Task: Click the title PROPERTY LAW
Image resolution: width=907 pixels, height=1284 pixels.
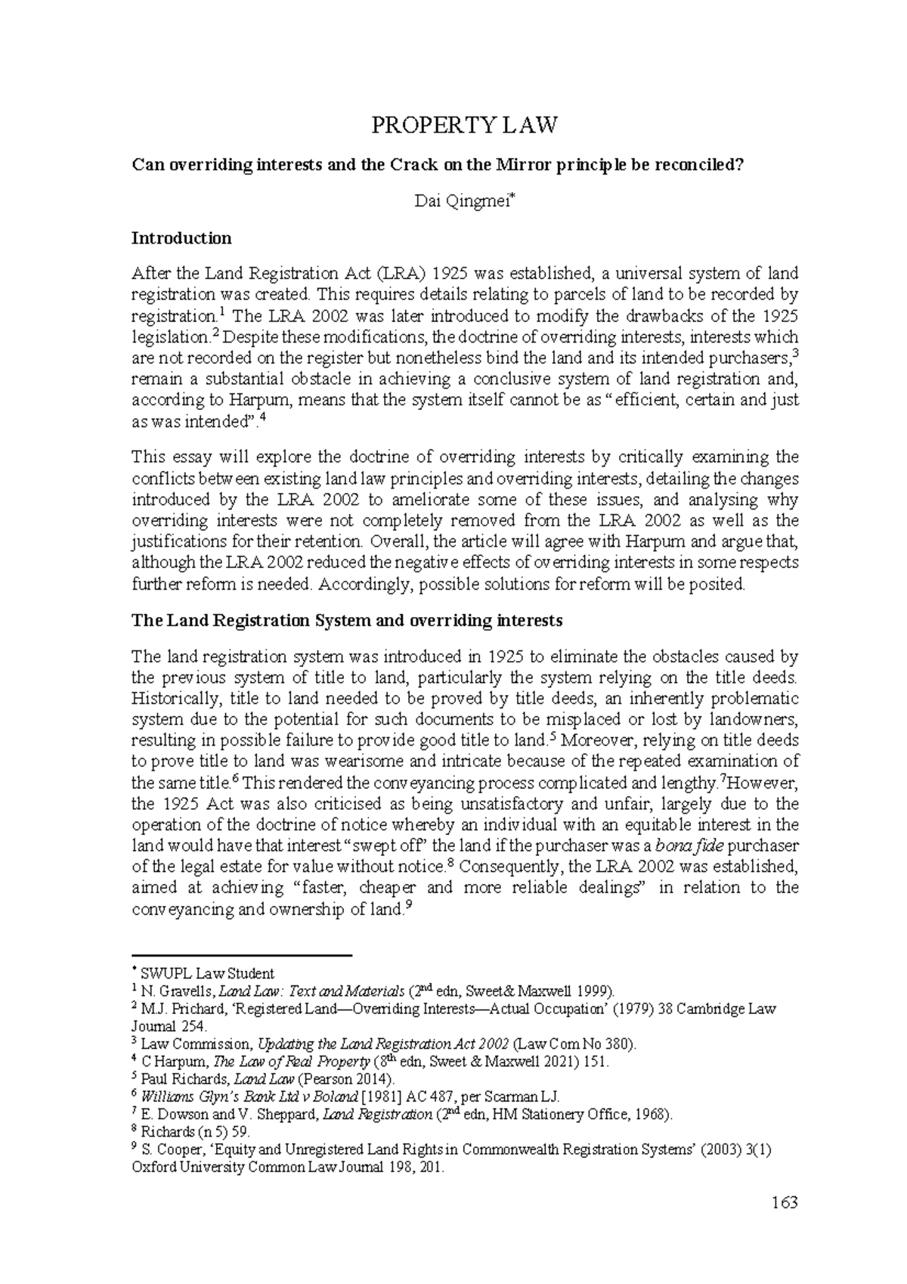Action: coord(464,125)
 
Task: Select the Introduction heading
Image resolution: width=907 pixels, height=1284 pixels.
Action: coord(181,238)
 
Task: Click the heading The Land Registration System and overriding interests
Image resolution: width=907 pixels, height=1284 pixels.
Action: coord(347,621)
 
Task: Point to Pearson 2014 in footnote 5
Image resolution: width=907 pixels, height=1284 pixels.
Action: coord(348,1079)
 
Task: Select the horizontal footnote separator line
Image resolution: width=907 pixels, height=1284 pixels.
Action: coord(242,956)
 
